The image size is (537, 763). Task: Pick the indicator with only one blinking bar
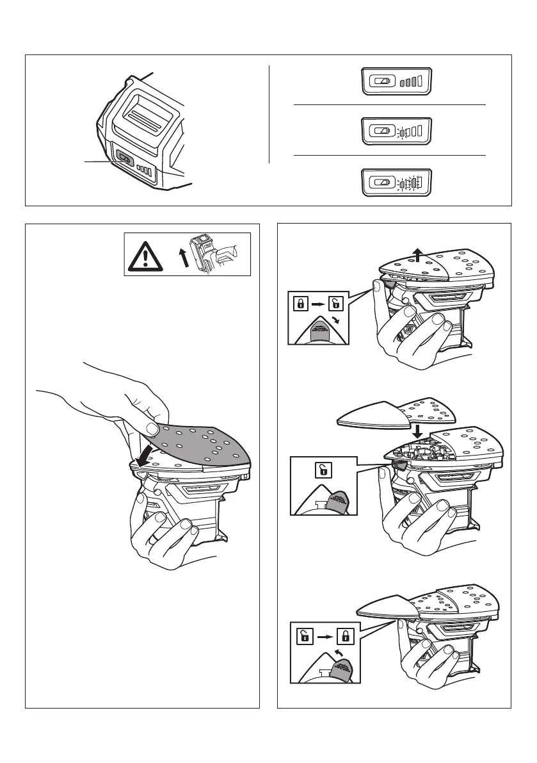397,130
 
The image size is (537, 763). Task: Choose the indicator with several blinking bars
397,182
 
